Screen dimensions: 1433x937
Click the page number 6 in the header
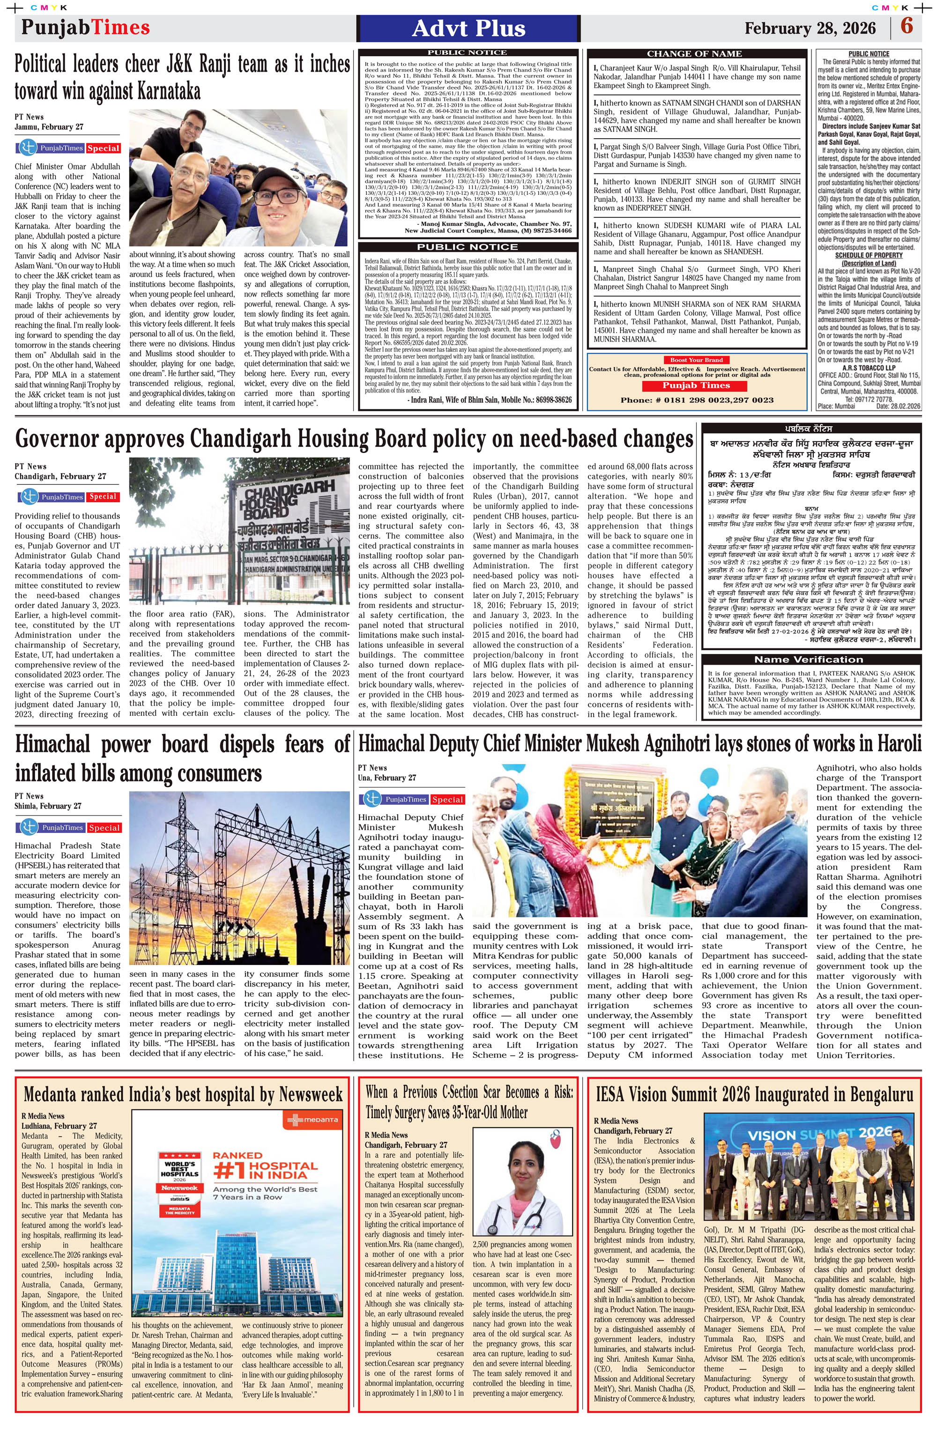[x=907, y=27]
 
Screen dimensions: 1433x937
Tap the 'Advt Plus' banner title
[x=468, y=28]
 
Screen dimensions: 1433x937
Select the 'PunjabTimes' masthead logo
[x=85, y=27]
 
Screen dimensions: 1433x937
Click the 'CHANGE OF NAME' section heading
[x=694, y=53]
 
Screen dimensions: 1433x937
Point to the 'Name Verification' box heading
[x=811, y=659]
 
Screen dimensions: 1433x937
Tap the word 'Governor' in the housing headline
[x=57, y=439]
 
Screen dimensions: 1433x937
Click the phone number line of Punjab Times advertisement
[x=697, y=400]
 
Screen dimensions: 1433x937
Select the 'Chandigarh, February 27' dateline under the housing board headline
[x=60, y=476]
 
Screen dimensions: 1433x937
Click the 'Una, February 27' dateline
[x=387, y=777]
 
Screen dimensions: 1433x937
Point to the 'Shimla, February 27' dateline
[x=48, y=806]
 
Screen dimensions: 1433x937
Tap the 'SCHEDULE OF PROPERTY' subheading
[x=868, y=255]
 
